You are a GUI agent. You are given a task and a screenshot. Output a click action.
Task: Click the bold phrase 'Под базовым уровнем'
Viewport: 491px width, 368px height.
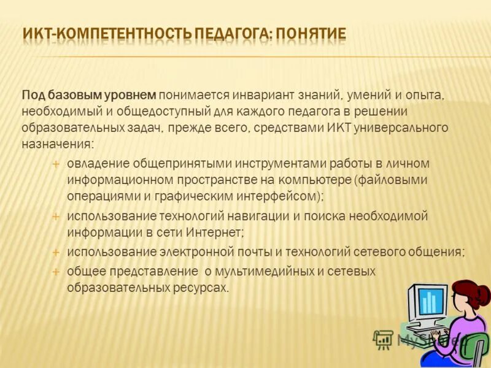pos(90,95)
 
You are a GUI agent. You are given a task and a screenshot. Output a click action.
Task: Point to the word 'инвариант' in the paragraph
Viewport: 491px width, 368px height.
pos(261,95)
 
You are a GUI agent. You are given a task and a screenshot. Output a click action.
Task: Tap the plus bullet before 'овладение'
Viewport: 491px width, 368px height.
pos(55,164)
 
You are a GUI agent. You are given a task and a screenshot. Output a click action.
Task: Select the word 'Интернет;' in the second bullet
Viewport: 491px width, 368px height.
pos(219,233)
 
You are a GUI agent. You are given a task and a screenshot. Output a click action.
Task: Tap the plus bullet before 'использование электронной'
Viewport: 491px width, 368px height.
pos(55,253)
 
